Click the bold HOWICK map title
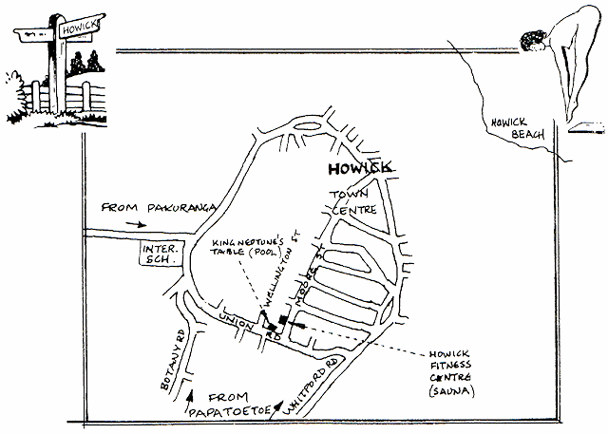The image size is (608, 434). point(354,170)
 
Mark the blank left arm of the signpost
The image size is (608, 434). point(34,31)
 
